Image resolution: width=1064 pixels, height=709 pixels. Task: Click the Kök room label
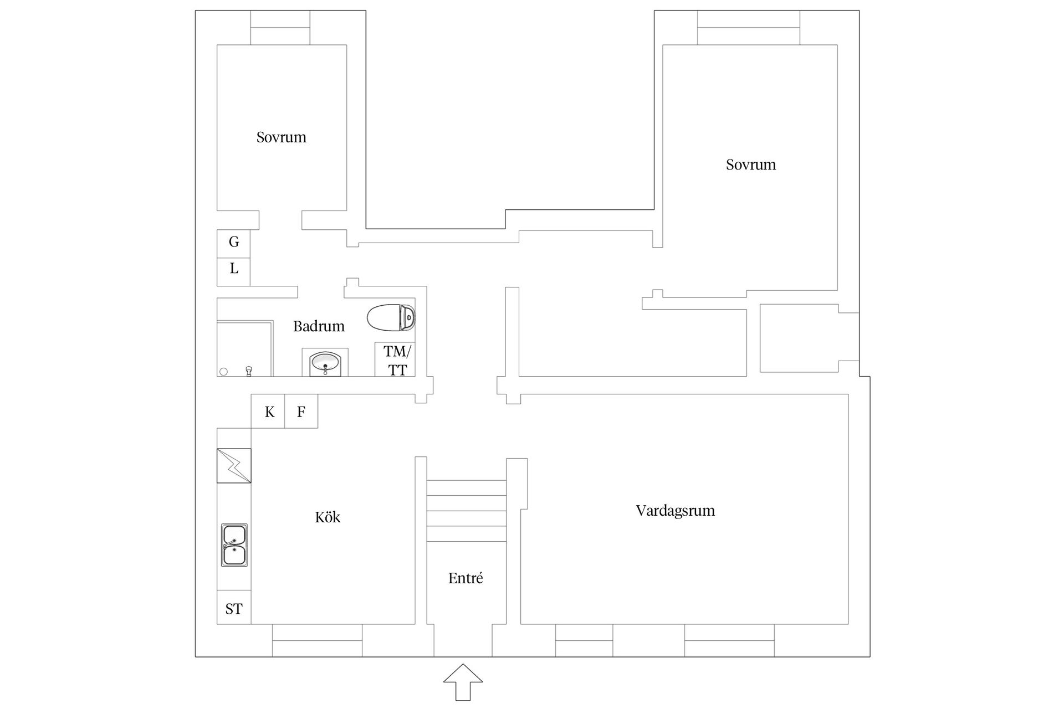328,517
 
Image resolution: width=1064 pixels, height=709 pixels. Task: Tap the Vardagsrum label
675,511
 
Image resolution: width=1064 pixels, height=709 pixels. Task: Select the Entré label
465,578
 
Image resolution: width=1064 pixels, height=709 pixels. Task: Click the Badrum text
319,326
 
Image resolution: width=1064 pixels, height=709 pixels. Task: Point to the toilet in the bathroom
391,318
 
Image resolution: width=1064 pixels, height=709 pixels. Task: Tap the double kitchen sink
234,545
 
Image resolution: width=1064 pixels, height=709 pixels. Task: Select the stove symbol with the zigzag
234,466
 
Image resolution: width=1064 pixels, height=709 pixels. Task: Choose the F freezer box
301,411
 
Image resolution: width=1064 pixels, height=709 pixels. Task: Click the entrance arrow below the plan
463,682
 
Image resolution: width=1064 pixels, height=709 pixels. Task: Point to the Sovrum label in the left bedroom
282,137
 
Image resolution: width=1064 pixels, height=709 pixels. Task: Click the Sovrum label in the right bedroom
751,165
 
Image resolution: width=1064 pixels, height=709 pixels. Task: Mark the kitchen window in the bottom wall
317,640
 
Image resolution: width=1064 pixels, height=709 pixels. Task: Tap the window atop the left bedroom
280,28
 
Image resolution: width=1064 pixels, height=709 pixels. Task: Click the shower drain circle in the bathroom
224,372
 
